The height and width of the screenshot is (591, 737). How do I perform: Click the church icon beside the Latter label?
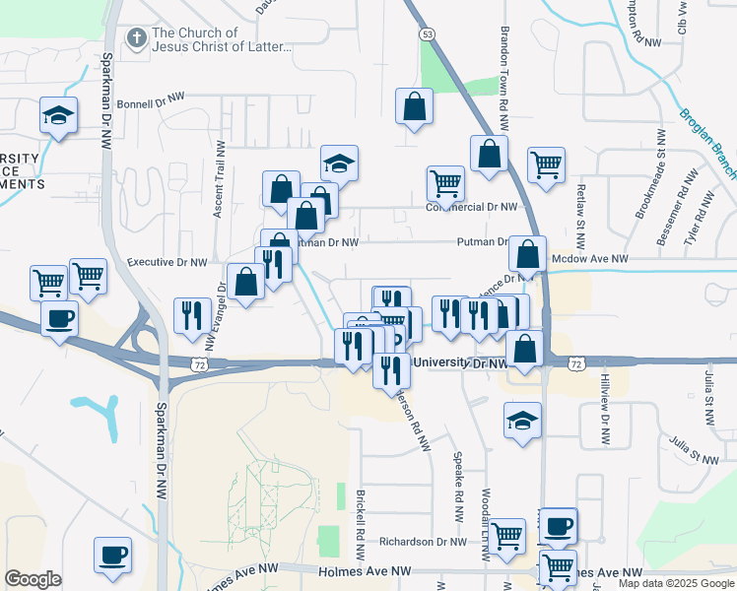pos(136,39)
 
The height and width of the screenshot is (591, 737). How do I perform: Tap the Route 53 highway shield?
pos(426,33)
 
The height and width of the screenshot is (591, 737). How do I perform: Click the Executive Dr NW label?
pos(167,263)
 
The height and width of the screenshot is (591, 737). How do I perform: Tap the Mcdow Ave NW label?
pos(590,258)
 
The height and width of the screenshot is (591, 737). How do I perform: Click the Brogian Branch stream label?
pos(706,143)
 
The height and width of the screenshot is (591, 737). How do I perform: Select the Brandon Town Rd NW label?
pos(503,79)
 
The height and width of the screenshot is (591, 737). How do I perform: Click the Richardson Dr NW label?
pos(423,542)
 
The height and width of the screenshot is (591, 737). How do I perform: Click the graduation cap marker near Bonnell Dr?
pos(58,115)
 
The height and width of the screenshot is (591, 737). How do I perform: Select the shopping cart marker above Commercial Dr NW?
pos(445,182)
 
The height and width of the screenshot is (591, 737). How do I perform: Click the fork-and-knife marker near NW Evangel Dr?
pos(188,314)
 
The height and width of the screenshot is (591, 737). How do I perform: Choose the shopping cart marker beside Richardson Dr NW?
pos(507,536)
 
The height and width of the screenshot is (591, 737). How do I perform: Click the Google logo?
pos(33,579)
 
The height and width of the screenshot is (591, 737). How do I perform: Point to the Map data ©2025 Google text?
pos(676,583)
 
